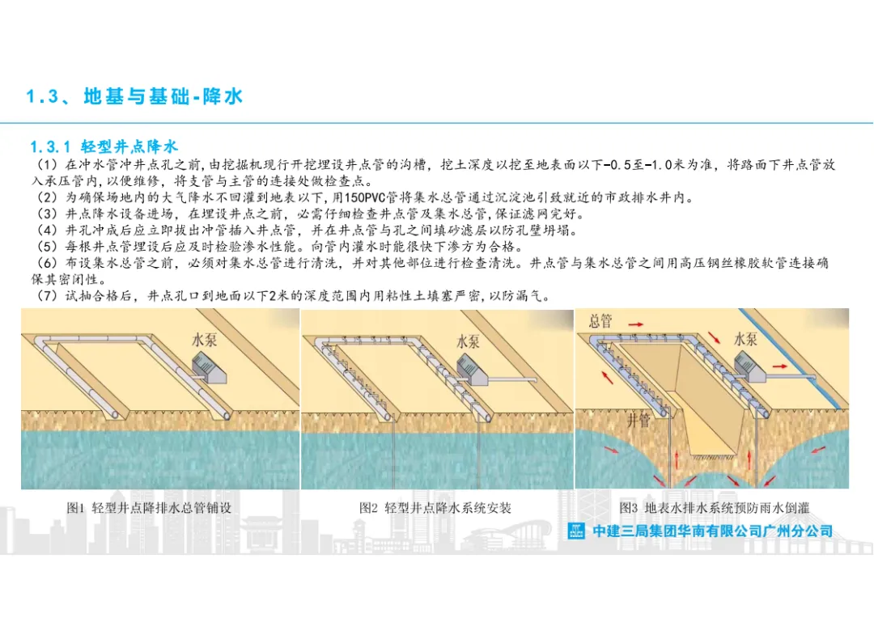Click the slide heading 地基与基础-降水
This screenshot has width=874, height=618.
(x=162, y=97)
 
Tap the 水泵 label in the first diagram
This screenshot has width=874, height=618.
(x=207, y=340)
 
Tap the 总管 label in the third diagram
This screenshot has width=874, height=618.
(x=600, y=320)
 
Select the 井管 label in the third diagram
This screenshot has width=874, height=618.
(x=639, y=420)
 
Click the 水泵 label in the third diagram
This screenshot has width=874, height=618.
(x=745, y=339)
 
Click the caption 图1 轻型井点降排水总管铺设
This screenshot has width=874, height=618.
(x=155, y=508)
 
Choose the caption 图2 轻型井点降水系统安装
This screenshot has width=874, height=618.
(x=435, y=508)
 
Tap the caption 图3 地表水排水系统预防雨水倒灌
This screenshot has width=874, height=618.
(x=715, y=508)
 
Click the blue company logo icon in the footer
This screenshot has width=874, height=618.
(x=576, y=531)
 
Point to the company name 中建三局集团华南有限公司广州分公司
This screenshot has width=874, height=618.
(x=712, y=531)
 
